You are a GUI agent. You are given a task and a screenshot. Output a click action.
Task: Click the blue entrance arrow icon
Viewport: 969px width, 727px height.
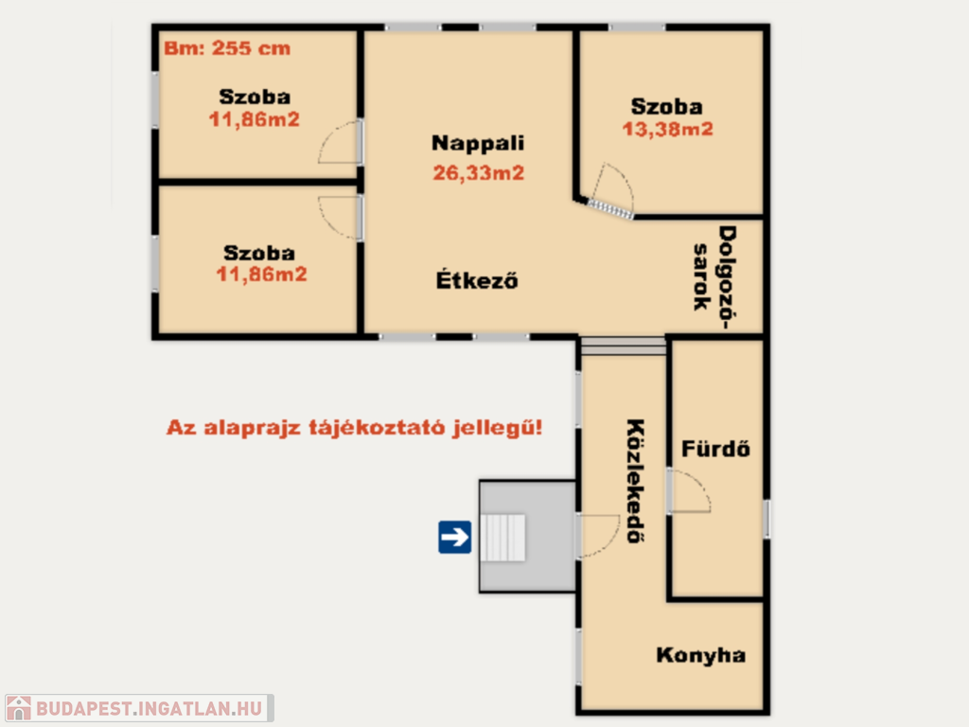pos(455,537)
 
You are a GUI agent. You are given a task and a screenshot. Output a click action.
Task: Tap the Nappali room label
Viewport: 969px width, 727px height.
pos(478,143)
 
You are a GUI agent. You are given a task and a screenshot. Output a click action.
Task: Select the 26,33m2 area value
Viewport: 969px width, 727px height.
pos(478,172)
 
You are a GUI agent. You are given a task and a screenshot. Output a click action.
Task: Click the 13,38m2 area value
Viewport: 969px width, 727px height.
pos(667,129)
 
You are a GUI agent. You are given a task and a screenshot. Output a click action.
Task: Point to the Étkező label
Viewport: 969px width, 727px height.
pos(477,279)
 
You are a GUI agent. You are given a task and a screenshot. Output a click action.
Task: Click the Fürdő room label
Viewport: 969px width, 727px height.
pos(715,448)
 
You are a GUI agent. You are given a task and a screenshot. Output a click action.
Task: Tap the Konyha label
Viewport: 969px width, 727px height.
pos(701,655)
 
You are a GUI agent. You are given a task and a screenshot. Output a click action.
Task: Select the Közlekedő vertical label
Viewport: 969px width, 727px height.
pos(635,481)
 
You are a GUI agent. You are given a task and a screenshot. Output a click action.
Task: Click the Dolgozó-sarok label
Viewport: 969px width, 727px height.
pos(714,277)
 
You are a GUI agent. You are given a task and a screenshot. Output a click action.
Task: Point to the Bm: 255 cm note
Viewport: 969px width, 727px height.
pos(227,48)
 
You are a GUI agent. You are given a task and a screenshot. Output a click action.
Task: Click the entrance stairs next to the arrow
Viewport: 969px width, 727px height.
pos(502,538)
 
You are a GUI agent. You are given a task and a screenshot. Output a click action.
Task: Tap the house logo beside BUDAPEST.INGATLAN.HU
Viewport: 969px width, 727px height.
pos(19,708)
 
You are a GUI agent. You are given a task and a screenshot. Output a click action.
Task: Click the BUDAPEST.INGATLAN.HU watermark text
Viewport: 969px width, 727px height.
pos(149,708)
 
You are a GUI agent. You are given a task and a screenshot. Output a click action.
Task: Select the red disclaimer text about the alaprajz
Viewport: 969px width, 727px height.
pos(354,427)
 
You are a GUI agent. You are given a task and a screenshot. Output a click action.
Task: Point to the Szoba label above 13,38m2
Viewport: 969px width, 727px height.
pos(667,106)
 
